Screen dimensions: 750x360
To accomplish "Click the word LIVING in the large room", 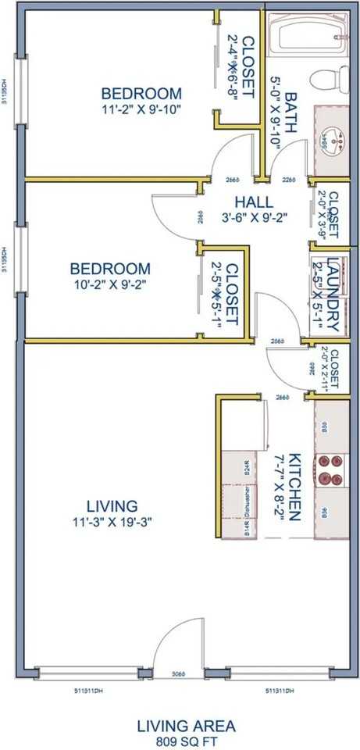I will pos(115,505).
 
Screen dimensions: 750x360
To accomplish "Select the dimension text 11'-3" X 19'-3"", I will pos(115,521).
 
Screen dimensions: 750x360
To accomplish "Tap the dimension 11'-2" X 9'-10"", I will pos(141,109).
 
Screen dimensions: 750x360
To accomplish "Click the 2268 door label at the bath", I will pos(289,180).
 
